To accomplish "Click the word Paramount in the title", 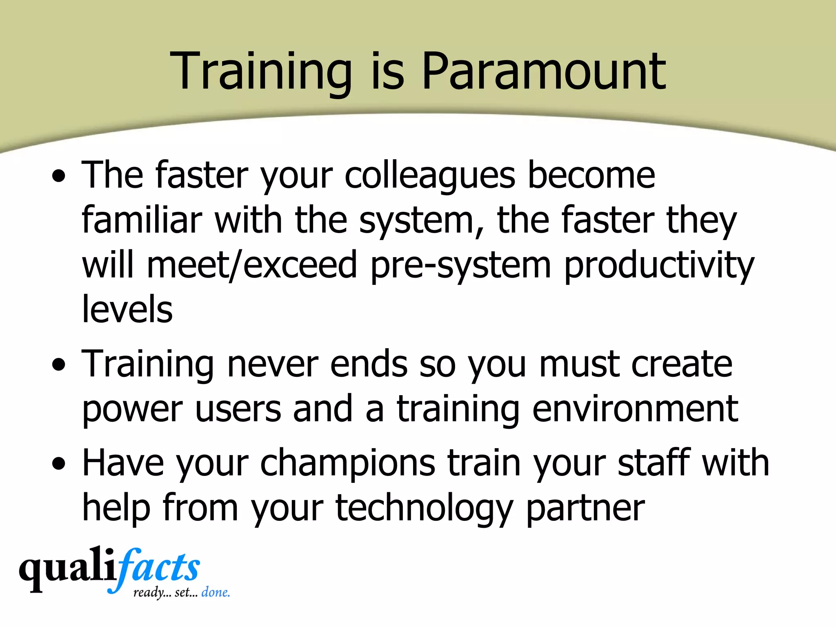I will pyautogui.click(x=543, y=71).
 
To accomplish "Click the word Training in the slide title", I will pyautogui.click(x=261, y=71).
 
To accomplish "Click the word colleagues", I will pyautogui.click(x=430, y=176).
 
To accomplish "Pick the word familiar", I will pyautogui.click(x=142, y=220).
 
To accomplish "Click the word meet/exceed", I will pyautogui.click(x=252, y=265).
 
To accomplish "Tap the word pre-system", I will pyautogui.click(x=460, y=265).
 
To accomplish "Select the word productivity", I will pyautogui.click(x=659, y=265).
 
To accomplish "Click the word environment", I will pyautogui.click(x=635, y=409).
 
